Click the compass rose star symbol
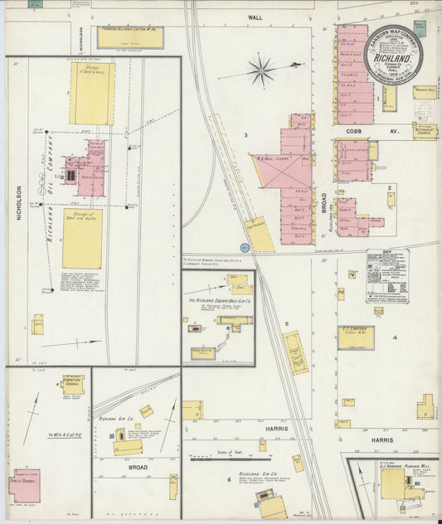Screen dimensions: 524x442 [262, 70]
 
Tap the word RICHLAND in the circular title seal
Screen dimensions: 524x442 [392, 61]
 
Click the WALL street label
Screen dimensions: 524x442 [254, 17]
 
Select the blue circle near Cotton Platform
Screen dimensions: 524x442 [245, 247]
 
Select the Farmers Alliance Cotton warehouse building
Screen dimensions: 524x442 [130, 38]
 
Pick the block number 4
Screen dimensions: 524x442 [395, 337]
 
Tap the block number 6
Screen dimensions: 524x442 [228, 479]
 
